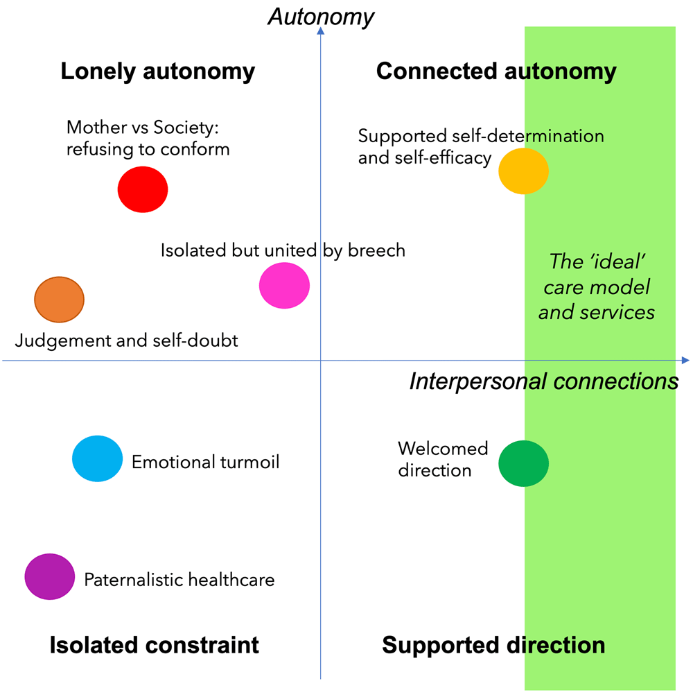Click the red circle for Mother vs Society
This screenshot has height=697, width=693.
point(143,189)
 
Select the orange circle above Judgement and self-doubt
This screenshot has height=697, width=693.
point(59,300)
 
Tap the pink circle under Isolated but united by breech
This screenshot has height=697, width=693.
point(284,284)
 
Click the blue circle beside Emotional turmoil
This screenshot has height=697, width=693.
point(98,458)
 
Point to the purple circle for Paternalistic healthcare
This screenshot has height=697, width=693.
point(49,576)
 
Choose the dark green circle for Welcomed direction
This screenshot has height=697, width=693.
point(523,463)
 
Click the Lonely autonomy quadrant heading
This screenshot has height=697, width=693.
point(158,71)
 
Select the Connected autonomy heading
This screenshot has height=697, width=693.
point(495,71)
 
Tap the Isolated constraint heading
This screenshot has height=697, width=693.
point(154,645)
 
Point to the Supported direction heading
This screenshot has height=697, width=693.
point(493,645)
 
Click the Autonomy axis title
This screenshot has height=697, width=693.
point(321,16)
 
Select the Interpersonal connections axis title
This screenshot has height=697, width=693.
point(544,381)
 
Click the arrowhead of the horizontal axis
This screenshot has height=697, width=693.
point(685,360)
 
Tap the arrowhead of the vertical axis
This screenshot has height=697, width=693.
point(321,31)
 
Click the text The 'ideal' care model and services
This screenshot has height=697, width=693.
point(597,286)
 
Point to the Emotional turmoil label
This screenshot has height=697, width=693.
point(206,462)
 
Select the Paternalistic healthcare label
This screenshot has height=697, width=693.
point(179,580)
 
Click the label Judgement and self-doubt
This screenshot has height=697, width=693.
point(127,341)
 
